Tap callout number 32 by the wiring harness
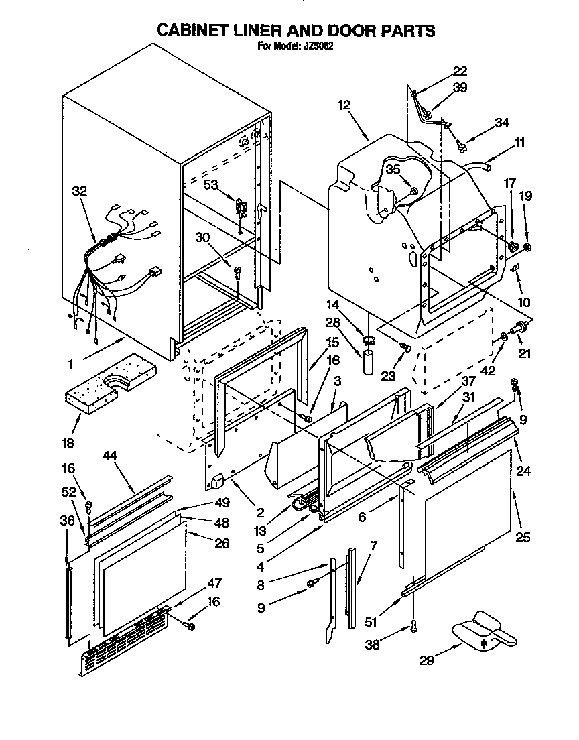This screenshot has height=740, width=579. point(80,190)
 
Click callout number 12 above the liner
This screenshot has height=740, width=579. point(344,105)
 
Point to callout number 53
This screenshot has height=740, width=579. point(210,184)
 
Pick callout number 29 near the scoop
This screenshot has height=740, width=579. point(426,660)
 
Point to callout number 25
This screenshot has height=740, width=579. point(523,536)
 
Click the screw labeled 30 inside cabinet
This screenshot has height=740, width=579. point(237,271)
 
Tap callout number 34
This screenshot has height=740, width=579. point(502,122)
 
